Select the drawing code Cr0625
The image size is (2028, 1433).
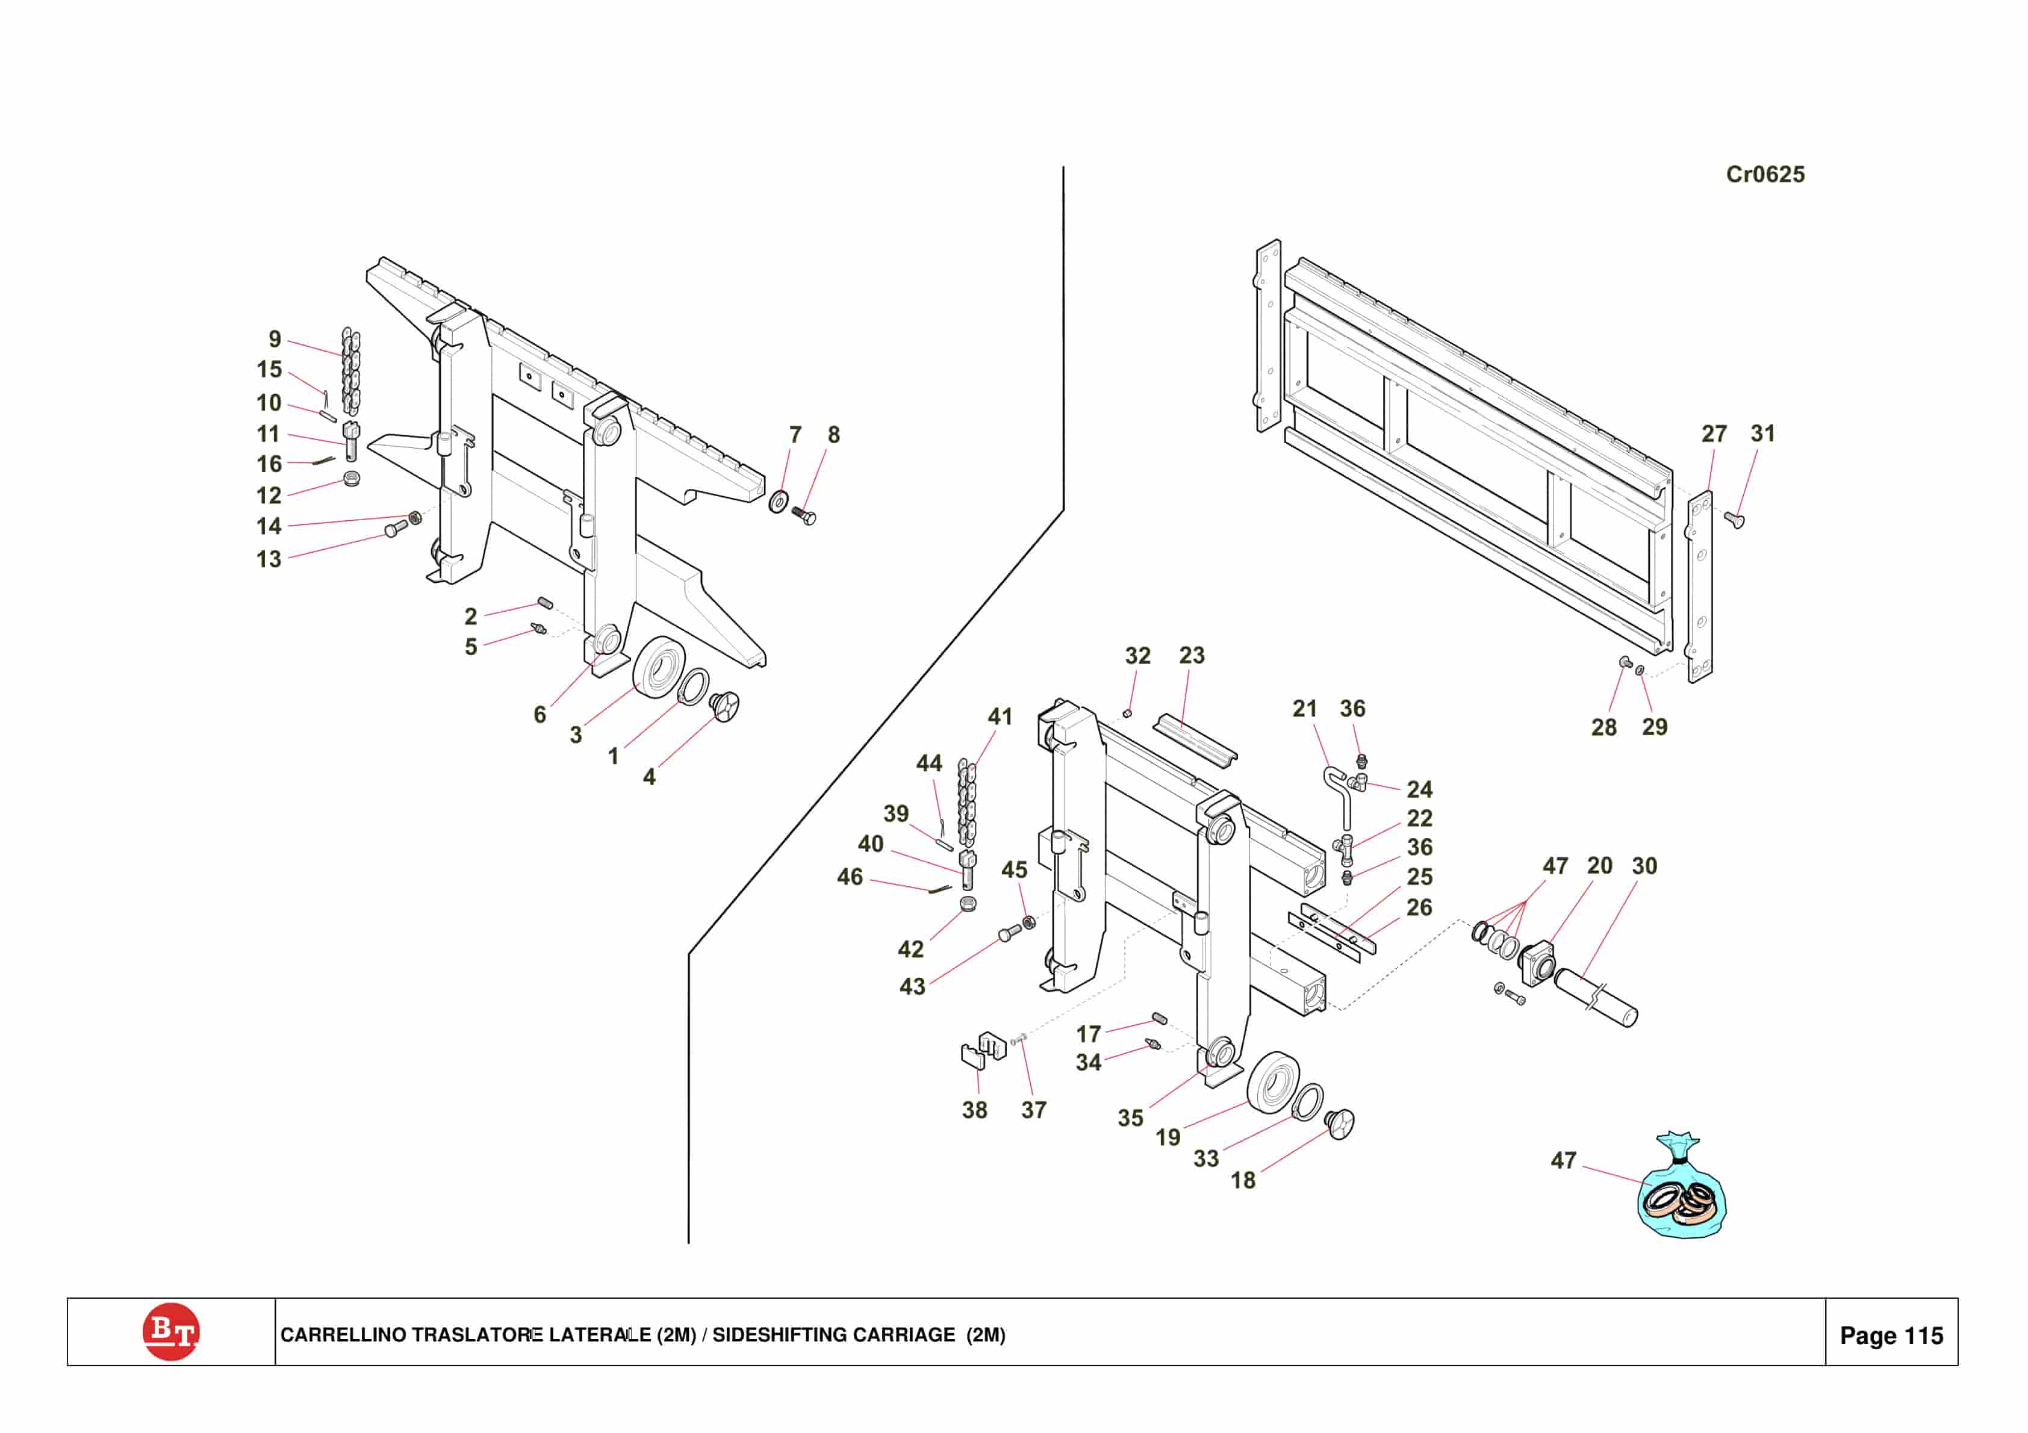pyautogui.click(x=1765, y=174)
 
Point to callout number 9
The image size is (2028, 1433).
pyautogui.click(x=275, y=339)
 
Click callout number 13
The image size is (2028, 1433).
pyautogui.click(x=269, y=559)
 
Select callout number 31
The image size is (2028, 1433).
pyautogui.click(x=1762, y=434)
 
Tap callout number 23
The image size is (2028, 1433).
pyautogui.click(x=1192, y=656)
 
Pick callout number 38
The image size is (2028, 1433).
pyautogui.click(x=974, y=1110)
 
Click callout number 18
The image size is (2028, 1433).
pyautogui.click(x=1243, y=1180)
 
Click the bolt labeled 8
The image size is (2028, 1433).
pyautogui.click(x=804, y=514)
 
